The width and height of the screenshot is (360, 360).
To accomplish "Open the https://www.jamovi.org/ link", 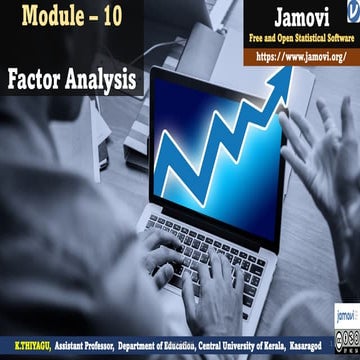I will pyautogui.click(x=300, y=58).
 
